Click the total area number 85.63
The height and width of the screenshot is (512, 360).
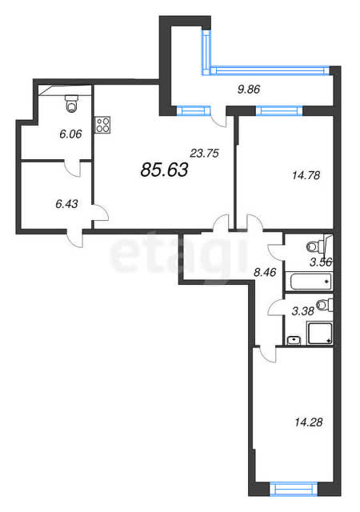point(164,170)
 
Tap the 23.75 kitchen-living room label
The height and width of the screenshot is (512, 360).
point(205,153)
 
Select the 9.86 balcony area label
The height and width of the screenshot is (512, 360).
point(249,89)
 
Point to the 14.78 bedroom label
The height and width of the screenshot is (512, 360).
point(306,175)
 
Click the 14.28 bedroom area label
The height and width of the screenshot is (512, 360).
point(308,422)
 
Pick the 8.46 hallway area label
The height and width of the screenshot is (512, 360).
point(265,272)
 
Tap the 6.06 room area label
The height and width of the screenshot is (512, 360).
point(70,134)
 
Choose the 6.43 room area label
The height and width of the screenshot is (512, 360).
point(66,204)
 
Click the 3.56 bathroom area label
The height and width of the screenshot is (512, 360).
point(321,262)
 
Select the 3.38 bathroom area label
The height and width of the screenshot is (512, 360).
point(303,311)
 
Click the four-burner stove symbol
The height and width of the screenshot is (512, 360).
point(102,125)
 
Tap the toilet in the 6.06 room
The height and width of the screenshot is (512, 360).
point(71,103)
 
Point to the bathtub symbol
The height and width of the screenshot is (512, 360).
point(310,282)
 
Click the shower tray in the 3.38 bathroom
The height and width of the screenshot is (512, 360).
point(320,333)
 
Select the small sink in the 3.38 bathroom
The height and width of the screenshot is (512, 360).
point(294,340)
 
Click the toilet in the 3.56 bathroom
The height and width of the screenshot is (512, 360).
point(316,246)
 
